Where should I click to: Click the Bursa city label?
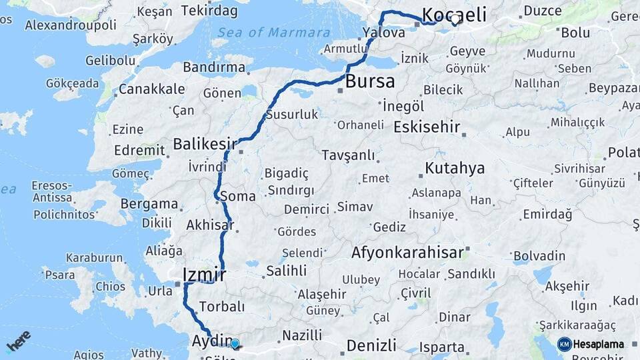coord(371,81)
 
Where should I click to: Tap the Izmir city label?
coord(204,275)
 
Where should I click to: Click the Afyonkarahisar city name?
coord(407,253)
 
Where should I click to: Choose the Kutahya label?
coord(455,168)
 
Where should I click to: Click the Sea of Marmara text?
coord(273,32)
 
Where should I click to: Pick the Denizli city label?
coord(371,345)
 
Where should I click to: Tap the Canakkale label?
coord(151,89)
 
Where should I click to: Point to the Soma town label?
coord(237,197)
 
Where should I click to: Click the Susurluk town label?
coord(292,115)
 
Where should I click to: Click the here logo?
coord(18,342)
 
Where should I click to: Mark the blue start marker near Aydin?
coord(235,344)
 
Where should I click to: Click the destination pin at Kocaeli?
coord(455,20)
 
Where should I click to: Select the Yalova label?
coord(384,32)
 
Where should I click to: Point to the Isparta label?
coord(442,347)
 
